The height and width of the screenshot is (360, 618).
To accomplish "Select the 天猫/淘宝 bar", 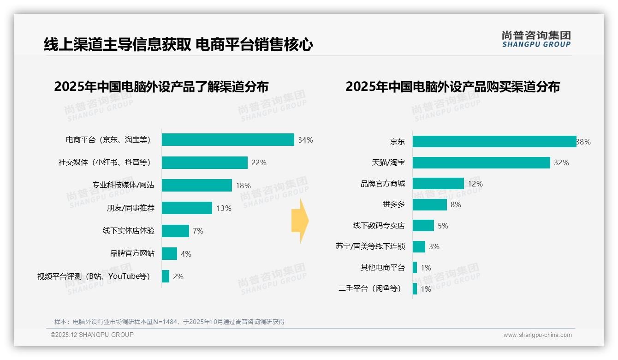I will [x=481, y=162].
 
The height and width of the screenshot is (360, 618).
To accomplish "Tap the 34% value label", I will [x=305, y=140].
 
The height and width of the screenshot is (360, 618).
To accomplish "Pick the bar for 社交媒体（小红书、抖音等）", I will [x=204, y=162].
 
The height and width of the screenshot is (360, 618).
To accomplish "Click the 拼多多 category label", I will [x=393, y=204].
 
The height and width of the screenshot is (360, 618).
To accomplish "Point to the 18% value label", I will [x=243, y=186].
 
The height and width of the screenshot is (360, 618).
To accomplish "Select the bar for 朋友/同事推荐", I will [x=187, y=208].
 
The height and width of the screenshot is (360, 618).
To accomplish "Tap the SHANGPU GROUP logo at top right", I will [x=536, y=39].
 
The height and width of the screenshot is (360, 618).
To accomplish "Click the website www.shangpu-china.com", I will [x=537, y=335].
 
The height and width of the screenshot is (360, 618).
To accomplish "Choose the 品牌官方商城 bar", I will [x=438, y=184].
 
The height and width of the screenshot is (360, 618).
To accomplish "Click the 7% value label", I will [x=198, y=231].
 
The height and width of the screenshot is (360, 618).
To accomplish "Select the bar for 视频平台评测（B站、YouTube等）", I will [x=166, y=276].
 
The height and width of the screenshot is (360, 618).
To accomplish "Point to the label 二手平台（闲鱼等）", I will [x=369, y=289].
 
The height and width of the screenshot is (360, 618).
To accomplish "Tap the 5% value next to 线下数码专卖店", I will [x=443, y=226].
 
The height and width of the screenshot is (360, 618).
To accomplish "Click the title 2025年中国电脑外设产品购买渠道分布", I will [x=452, y=87].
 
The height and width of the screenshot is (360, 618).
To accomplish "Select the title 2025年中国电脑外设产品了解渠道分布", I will [x=161, y=87].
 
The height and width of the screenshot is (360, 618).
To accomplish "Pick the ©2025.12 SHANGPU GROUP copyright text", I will [x=92, y=335].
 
